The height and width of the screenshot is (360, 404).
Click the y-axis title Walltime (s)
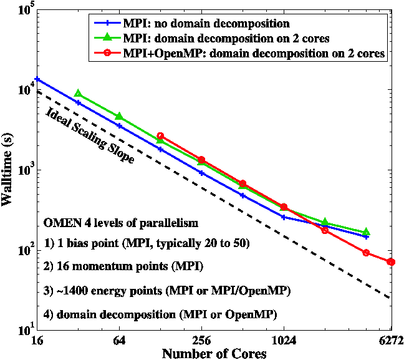(x=9, y=170)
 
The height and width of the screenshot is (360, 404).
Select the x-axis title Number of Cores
(x=214, y=353)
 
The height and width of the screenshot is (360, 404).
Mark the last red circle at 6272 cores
(x=391, y=262)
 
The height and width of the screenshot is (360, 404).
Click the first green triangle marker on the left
(x=78, y=94)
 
